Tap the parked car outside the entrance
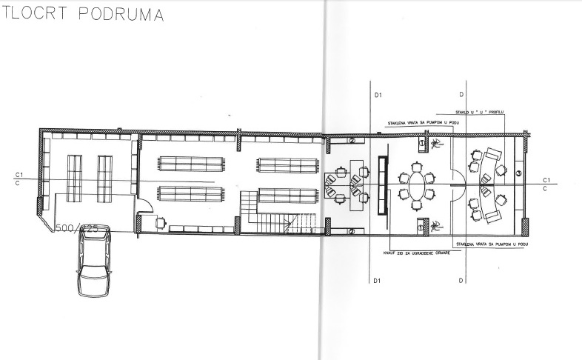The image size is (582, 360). [94, 261]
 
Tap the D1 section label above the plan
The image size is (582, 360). [378, 95]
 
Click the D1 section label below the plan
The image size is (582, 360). [378, 281]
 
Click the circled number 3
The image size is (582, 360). [519, 173]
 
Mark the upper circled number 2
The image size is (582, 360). [352, 140]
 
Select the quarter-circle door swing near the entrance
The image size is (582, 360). [145, 208]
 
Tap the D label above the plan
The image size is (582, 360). [462, 95]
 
